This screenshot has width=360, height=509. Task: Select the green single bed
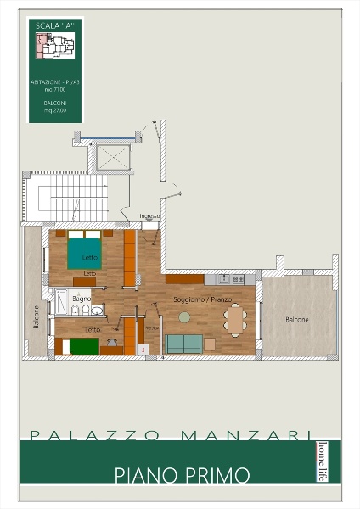(75, 345)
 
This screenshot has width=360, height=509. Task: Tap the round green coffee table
(184, 316)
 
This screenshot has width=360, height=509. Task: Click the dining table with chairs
(236, 320)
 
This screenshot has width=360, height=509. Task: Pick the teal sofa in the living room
(183, 344)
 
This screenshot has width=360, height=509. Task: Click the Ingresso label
(149, 216)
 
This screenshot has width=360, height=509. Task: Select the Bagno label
(82, 299)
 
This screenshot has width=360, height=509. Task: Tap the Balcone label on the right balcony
(297, 320)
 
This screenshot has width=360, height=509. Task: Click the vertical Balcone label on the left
(36, 316)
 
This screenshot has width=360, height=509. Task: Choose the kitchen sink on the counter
(224, 278)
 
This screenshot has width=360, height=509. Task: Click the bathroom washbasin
(99, 309)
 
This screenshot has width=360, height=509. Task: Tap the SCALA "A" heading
(53, 26)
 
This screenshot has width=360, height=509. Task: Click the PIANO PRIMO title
(183, 475)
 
